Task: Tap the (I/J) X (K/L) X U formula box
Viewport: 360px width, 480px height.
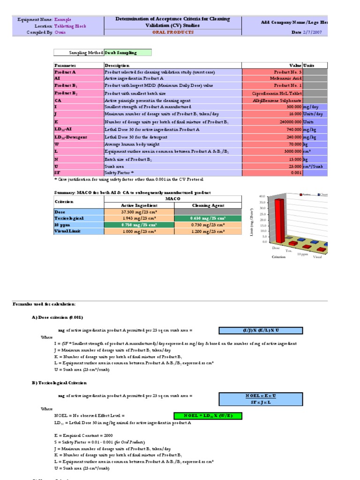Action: (x=260, y=330)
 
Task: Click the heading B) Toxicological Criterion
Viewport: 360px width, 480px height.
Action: (x=59, y=383)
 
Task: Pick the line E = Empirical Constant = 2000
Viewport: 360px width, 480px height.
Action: (x=82, y=435)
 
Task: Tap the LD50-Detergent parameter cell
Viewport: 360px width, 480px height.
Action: (x=71, y=137)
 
